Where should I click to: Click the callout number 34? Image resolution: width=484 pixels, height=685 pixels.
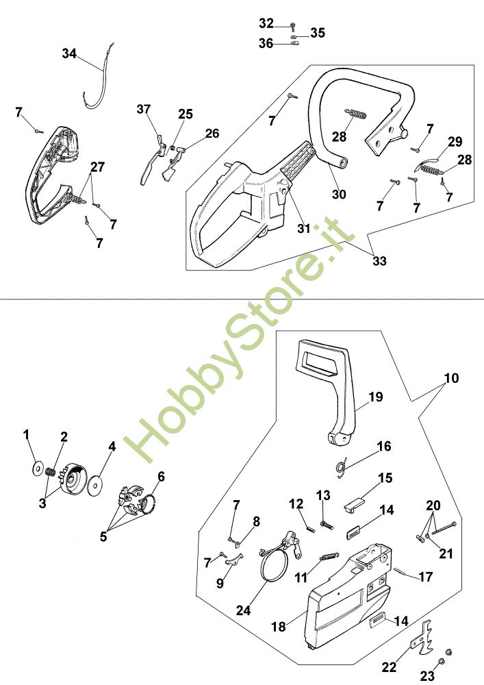coord(69,53)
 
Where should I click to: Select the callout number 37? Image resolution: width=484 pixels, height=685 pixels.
coord(144,109)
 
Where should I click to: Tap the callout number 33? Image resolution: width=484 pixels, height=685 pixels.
coord(380,261)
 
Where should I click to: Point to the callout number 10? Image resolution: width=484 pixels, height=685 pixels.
coord(452,378)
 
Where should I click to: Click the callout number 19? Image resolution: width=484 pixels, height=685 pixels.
coord(376,397)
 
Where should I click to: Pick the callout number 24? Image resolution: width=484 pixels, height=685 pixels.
coord(243,610)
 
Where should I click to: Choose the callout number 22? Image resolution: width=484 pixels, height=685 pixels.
coord(390,667)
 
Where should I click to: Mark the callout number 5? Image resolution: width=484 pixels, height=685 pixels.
coord(103,536)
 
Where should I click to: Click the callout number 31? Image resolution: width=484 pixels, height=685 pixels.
coord(304,229)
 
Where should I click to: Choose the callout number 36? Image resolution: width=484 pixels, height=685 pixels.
coord(266,44)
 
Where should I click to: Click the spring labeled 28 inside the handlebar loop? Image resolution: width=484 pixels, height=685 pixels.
coord(356,114)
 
